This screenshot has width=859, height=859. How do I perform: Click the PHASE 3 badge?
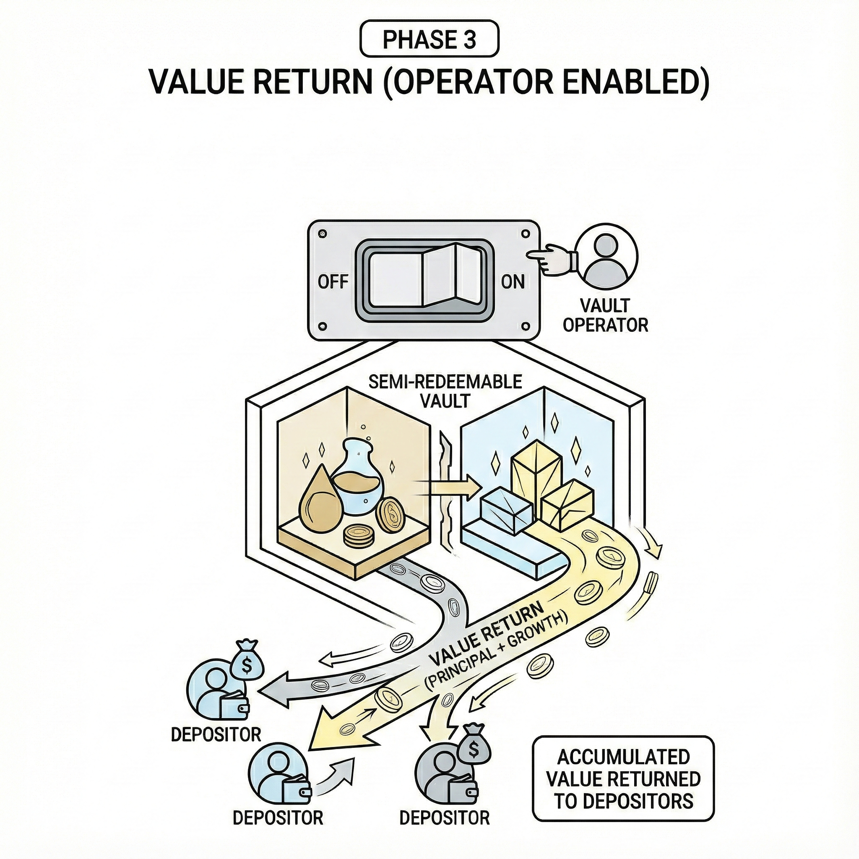coord(429,40)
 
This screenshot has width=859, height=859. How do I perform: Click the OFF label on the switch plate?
coord(333,282)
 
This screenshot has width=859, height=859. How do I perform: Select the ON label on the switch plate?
coord(513,282)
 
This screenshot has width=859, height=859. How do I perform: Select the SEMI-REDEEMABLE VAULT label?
coord(445,390)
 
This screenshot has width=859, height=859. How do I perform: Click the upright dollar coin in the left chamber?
coord(390,515)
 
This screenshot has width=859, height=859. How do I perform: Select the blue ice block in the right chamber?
coord(507,516)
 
